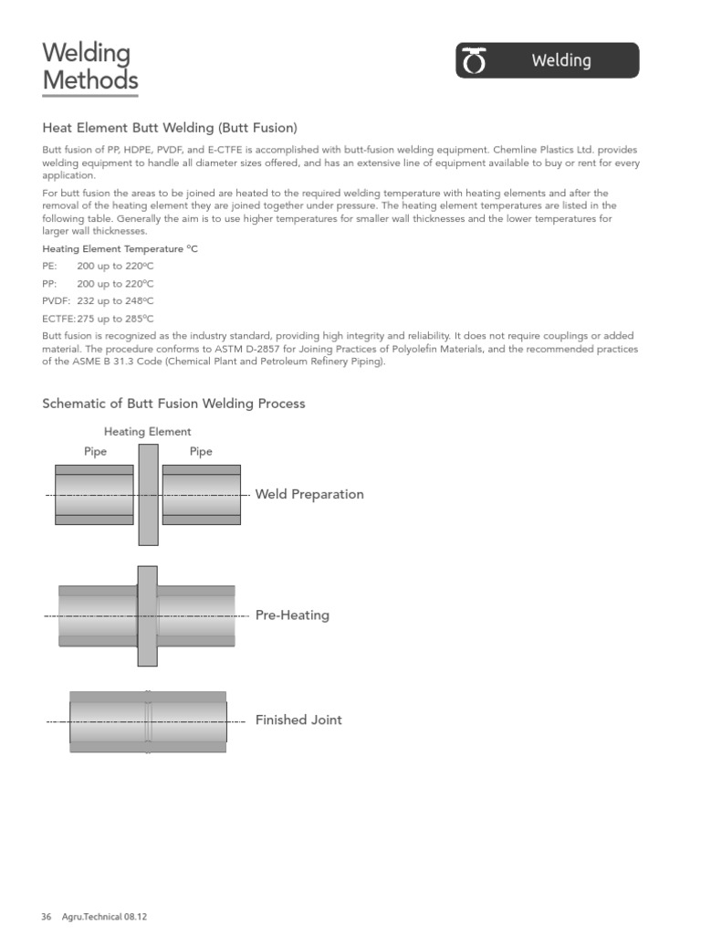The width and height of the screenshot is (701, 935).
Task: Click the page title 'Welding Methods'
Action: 89,68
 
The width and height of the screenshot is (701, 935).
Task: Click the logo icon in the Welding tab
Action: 476,61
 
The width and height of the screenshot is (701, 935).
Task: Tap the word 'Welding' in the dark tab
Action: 561,61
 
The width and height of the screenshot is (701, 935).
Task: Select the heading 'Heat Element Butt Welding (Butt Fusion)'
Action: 170,128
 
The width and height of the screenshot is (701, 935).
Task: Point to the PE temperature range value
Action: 115,266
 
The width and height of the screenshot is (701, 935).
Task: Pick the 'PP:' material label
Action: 51,283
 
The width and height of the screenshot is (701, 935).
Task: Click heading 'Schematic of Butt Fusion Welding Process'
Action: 173,404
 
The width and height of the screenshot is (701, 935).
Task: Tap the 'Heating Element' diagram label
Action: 148,432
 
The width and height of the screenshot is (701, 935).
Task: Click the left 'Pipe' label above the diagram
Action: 95,452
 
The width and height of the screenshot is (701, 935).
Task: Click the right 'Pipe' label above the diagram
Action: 201,452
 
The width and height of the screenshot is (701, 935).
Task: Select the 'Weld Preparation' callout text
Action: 309,494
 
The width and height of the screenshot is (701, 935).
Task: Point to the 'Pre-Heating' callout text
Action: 292,615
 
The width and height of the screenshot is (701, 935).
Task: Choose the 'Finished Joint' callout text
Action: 298,720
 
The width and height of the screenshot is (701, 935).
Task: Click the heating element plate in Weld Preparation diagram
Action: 148,494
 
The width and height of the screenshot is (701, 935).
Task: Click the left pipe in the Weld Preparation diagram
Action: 94,494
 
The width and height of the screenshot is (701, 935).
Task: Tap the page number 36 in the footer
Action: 47,917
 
